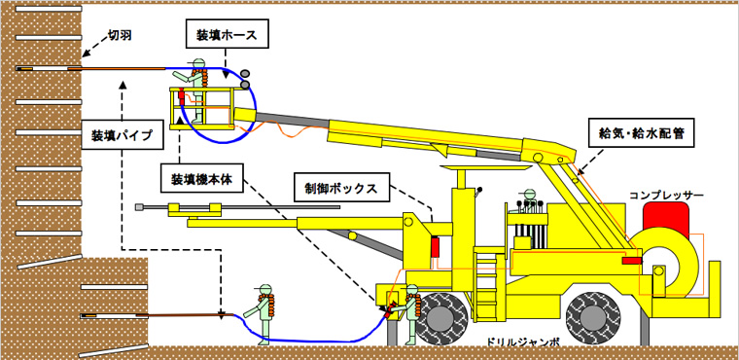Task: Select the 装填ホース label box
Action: pyautogui.click(x=226, y=35)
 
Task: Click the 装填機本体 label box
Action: pyautogui.click(x=204, y=179)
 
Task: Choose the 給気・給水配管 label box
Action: pyautogui.click(x=644, y=133)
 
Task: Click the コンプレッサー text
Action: pyautogui.click(x=665, y=196)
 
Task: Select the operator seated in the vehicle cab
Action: pyautogui.click(x=528, y=205)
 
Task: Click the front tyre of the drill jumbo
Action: pyautogui.click(x=448, y=316)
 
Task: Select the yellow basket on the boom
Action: pyautogui.click(x=209, y=109)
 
